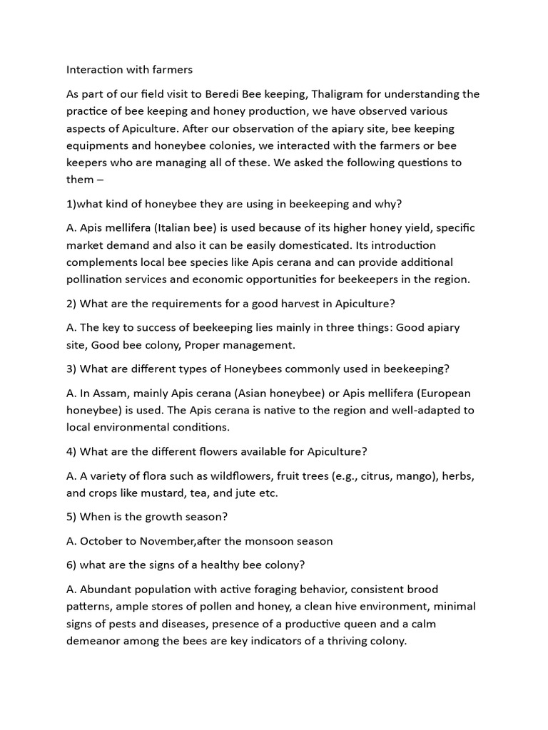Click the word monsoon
click(261, 541)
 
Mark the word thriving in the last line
click(339, 641)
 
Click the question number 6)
click(71, 565)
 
